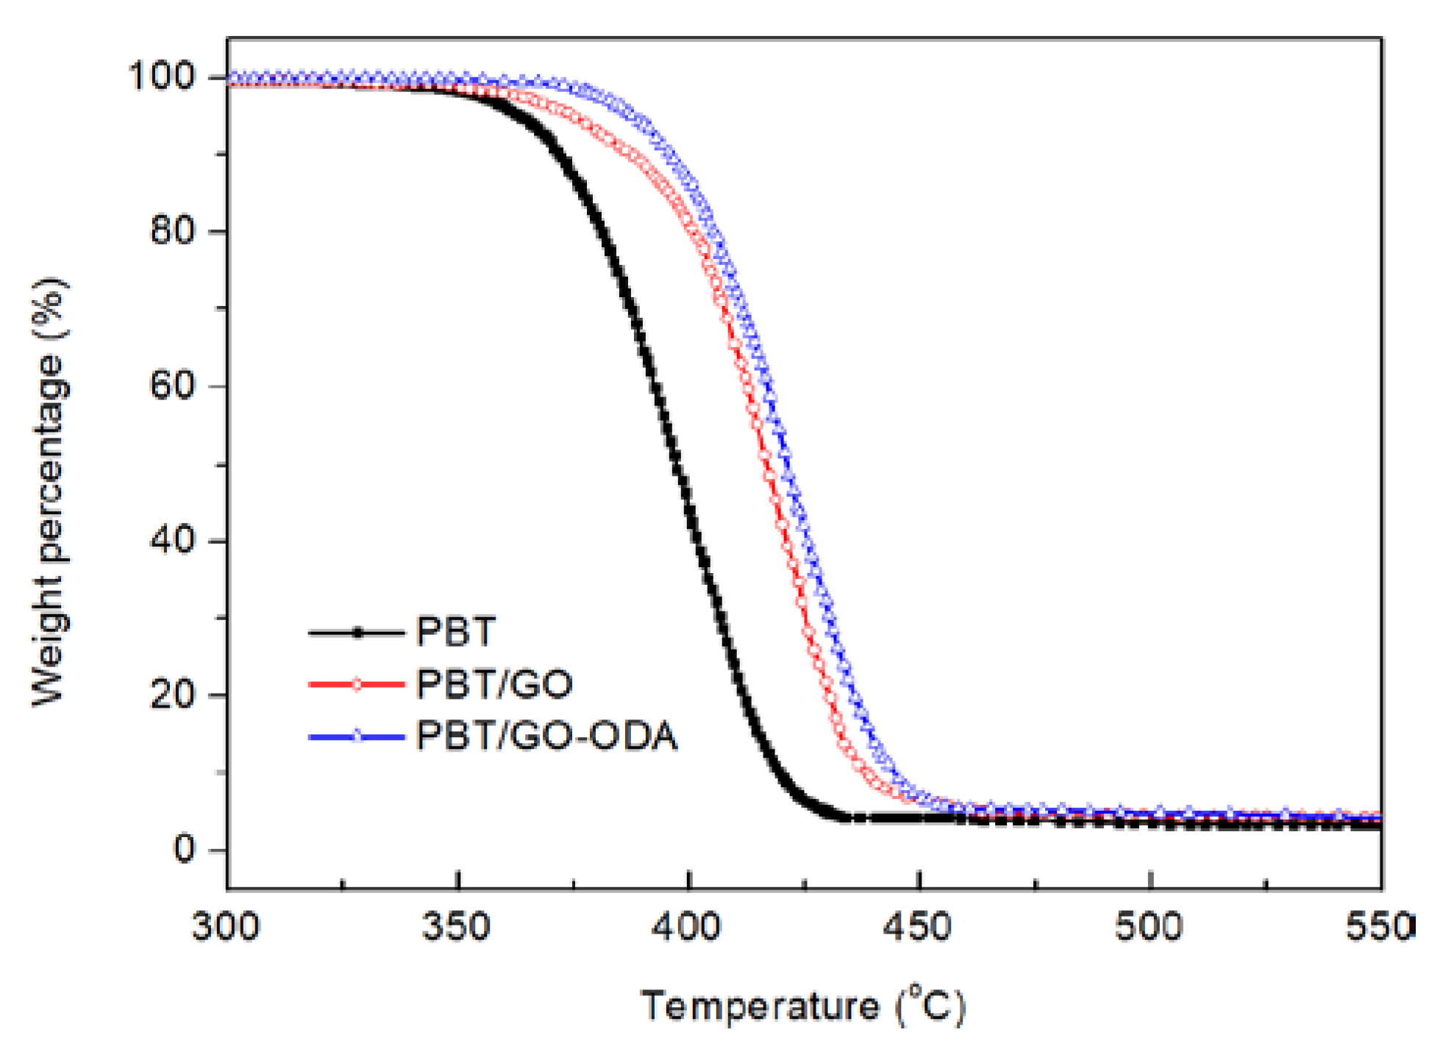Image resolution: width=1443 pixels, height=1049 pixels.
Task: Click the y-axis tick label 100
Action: pos(162,76)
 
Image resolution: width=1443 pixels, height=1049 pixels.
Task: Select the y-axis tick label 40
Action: pos(173,540)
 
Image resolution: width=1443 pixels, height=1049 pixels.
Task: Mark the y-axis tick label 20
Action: pos(173,694)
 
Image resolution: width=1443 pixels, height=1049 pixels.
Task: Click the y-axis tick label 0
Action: pos(184,849)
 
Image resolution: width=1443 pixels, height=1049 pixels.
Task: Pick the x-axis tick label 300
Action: pos(226,926)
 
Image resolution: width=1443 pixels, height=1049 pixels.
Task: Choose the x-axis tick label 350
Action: pos(456,926)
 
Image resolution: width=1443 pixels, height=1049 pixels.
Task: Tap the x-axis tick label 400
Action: pos(687,926)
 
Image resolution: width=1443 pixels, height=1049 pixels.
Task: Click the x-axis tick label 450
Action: pos(918,926)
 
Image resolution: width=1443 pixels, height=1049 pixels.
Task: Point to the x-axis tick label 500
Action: pos(1149,926)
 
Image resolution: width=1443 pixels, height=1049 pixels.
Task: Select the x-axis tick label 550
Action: pos(1378,926)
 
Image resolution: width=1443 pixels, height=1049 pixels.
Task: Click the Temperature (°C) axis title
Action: pos(803,1006)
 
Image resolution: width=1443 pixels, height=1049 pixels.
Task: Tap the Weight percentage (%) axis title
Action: pos(50,491)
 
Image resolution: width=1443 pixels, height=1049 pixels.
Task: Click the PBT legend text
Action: pos(456,632)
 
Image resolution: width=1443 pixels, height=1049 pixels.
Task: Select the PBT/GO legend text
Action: pos(494,684)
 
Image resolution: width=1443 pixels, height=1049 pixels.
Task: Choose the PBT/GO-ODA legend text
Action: pos(546,736)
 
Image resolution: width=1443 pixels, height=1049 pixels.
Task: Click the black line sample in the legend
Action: pos(357,632)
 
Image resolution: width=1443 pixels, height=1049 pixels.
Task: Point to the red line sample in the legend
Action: pos(357,684)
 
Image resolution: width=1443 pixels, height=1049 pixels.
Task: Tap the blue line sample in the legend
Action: pos(357,736)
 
